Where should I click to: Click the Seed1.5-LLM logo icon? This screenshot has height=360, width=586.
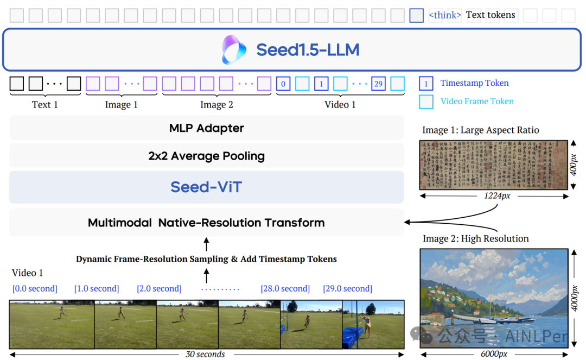[234, 50]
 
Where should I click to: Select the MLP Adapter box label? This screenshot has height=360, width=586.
[207, 128]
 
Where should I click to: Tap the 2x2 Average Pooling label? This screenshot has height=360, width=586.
[207, 156]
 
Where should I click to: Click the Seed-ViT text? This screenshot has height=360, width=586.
[206, 187]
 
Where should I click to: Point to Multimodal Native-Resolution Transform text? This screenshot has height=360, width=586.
[206, 223]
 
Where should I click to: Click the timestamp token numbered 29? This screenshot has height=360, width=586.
[378, 84]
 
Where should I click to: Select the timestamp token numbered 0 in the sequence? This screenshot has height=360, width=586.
[283, 84]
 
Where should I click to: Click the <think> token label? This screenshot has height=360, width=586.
[445, 15]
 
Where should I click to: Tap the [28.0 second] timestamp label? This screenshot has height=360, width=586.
[285, 289]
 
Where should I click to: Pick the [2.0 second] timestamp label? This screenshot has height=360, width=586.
[159, 289]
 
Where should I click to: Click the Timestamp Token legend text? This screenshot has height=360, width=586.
[474, 83]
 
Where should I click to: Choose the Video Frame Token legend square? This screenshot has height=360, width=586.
[426, 102]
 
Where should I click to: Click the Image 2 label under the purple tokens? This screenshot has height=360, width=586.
[216, 105]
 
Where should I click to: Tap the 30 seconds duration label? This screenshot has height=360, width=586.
[205, 355]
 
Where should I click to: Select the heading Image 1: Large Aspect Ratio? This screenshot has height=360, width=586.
[481, 130]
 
